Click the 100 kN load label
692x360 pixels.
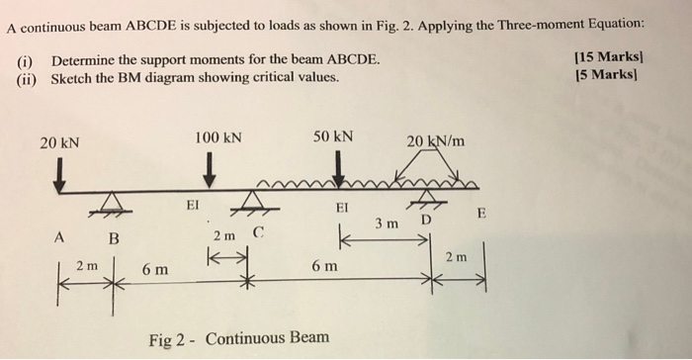pos(218,136)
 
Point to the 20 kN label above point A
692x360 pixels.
pos(59,142)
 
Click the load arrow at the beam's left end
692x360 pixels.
pos(59,175)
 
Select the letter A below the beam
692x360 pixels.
pos(59,237)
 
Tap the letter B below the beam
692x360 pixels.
pos(113,238)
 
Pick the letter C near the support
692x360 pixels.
pos(259,234)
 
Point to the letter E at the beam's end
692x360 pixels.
pos(481,214)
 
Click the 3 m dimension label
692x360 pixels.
pos(387,224)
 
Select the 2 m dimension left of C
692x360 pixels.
pos(224,238)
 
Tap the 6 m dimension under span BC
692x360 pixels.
pos(153,269)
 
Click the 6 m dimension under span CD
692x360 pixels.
pos(324,267)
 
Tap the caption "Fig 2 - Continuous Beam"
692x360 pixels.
pos(238,338)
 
